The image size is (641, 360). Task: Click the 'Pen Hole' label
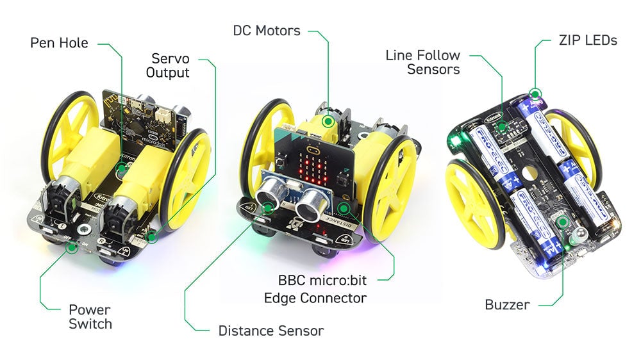(59, 43)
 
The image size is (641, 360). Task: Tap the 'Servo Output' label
(168, 65)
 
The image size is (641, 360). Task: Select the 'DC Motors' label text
(266, 30)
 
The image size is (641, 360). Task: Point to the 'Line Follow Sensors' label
(422, 62)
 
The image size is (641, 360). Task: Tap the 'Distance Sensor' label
(271, 331)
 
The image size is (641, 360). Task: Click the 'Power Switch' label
(90, 316)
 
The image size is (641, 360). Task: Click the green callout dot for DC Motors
(328, 120)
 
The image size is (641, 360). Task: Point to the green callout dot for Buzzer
(563, 222)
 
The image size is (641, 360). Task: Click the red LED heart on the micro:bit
(315, 167)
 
